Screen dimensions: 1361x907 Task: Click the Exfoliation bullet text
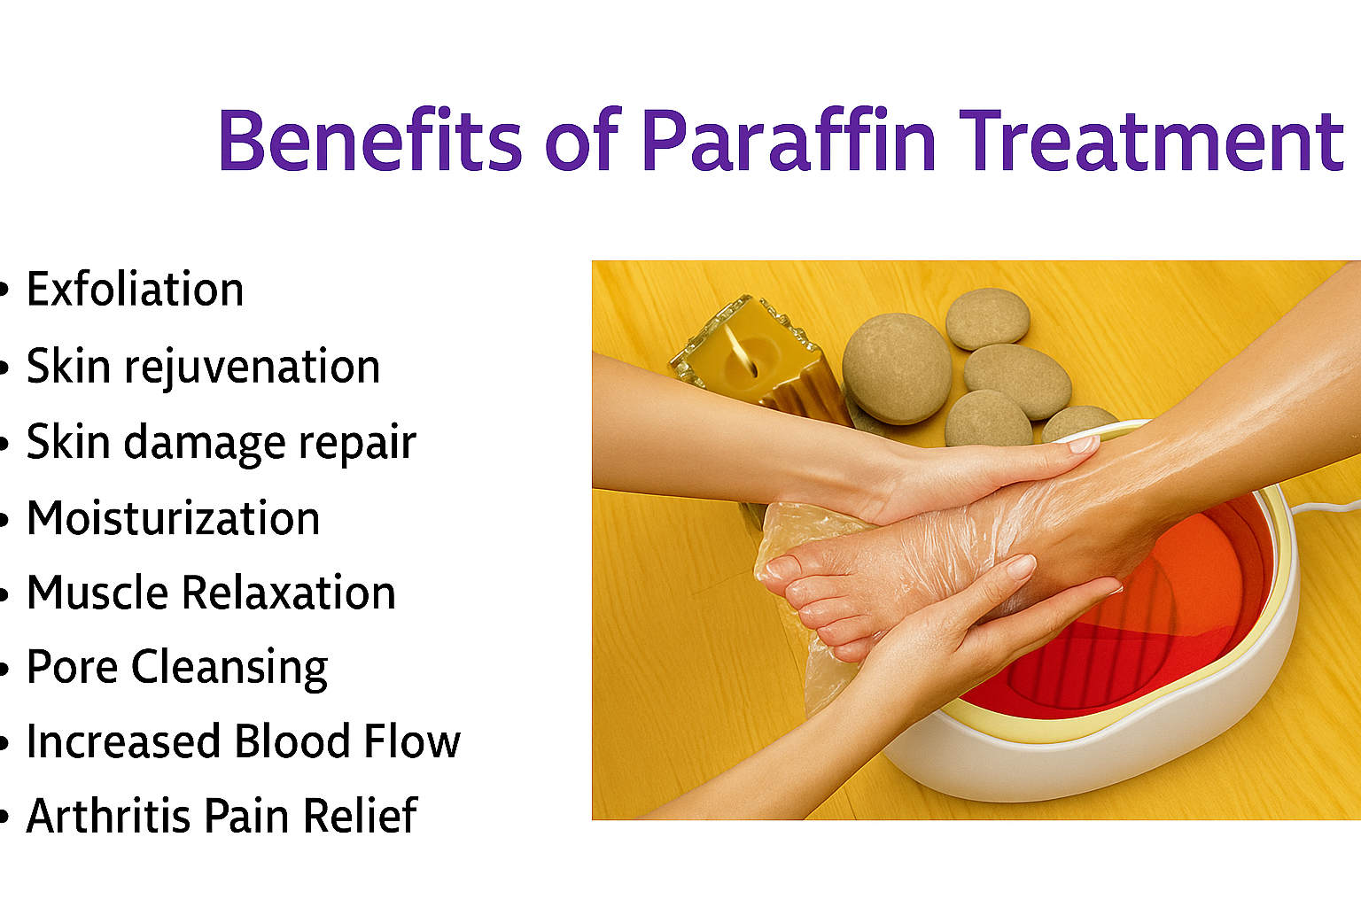[135, 289]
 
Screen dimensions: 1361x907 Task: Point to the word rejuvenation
[253, 368]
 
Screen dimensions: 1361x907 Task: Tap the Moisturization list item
[173, 518]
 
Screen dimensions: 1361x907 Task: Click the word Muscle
[97, 593]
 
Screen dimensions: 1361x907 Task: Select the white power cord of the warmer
[1326, 507]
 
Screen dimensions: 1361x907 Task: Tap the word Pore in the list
[73, 667]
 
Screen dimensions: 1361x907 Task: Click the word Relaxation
[289, 593]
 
